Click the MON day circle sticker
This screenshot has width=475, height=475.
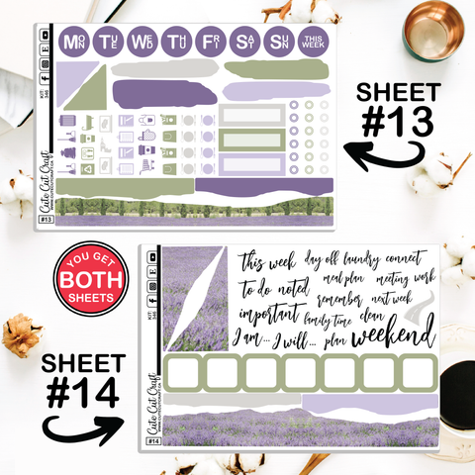click(x=73, y=43)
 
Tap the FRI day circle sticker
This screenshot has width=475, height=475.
click(x=210, y=43)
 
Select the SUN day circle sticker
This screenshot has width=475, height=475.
click(x=279, y=43)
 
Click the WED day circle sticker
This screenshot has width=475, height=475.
click(x=142, y=43)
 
